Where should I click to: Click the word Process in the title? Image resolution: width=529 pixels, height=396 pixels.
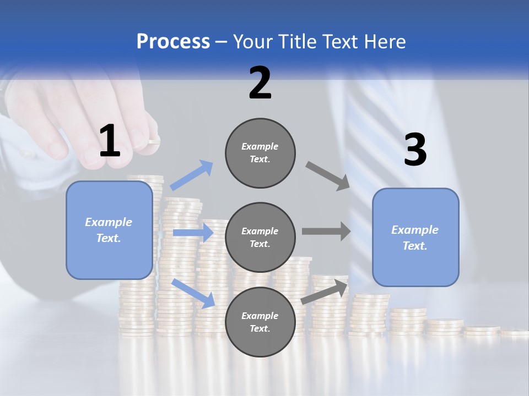pyautogui.click(x=173, y=42)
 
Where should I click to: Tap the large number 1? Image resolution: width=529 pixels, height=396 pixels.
pyautogui.click(x=110, y=141)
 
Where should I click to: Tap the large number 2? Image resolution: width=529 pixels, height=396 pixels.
pyautogui.click(x=260, y=83)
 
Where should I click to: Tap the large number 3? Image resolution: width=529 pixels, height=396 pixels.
pyautogui.click(x=415, y=150)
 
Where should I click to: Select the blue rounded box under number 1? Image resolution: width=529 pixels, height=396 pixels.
pyautogui.click(x=109, y=230)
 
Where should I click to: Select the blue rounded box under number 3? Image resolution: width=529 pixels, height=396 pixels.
pyautogui.click(x=415, y=238)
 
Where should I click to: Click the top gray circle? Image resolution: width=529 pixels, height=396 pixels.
pyautogui.click(x=260, y=153)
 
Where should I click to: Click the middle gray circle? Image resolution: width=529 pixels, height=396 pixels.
pyautogui.click(x=260, y=237)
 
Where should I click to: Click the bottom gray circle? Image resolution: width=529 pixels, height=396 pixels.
pyautogui.click(x=260, y=322)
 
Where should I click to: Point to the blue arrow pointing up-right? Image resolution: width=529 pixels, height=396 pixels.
pyautogui.click(x=192, y=175)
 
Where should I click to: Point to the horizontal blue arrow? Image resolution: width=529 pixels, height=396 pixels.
pyautogui.click(x=193, y=233)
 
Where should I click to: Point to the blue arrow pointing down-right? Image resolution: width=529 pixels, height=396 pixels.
pyautogui.click(x=193, y=293)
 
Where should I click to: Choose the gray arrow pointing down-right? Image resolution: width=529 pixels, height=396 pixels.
pyautogui.click(x=328, y=176)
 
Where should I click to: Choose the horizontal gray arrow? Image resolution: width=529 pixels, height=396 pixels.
pyautogui.click(x=326, y=231)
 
